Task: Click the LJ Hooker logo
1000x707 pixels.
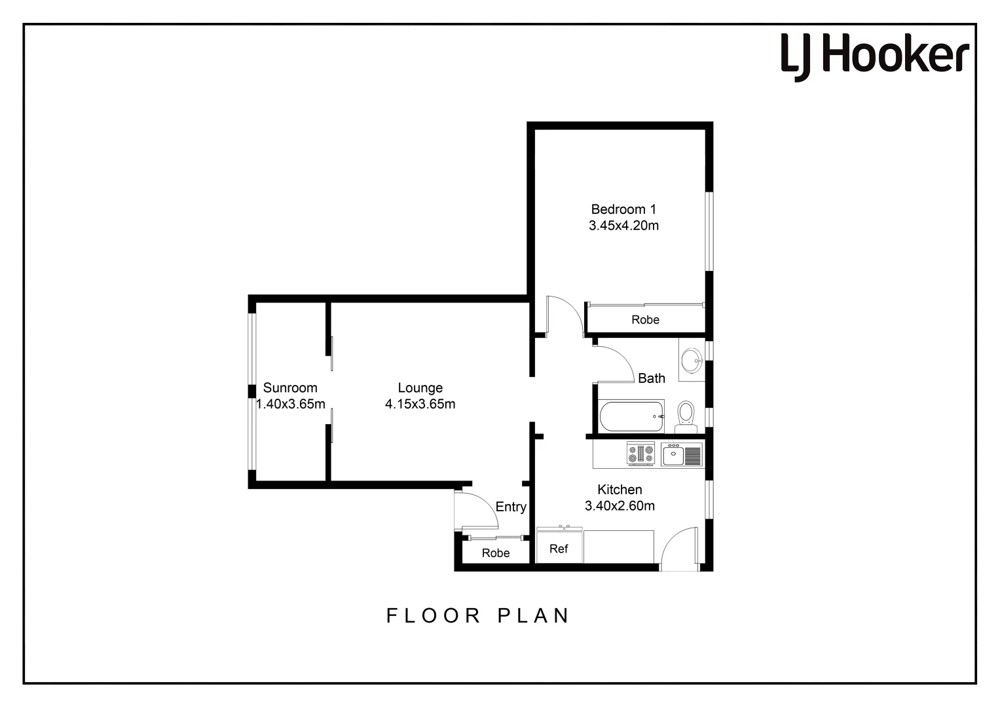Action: [874, 56]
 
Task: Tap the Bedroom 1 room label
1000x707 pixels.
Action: [623, 209]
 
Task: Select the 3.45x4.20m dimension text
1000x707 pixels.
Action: [623, 226]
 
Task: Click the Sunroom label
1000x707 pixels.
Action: [290, 388]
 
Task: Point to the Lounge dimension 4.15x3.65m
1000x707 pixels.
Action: [420, 404]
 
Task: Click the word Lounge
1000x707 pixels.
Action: [420, 388]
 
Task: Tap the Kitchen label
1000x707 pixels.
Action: [620, 490]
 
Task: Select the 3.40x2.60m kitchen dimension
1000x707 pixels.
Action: [620, 506]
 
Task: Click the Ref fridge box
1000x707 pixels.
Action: [559, 548]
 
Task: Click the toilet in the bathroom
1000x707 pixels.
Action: [686, 414]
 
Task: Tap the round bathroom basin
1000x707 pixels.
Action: [690, 359]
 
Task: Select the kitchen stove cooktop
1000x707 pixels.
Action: [641, 454]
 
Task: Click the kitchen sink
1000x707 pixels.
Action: [681, 454]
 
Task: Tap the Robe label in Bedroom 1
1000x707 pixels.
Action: [645, 319]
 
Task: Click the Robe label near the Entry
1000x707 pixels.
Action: [496, 553]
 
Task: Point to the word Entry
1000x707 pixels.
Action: [511, 507]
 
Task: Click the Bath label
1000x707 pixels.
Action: [651, 378]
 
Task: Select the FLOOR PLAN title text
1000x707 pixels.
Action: [478, 615]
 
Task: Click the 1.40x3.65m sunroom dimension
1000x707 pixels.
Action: [290, 404]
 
